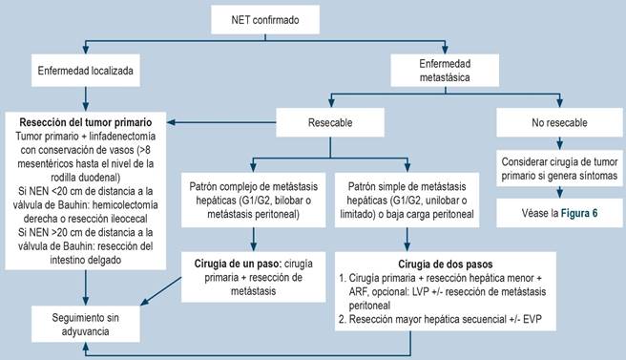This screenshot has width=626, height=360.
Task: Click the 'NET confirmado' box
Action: [265, 20]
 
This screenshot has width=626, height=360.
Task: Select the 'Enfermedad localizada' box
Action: [86, 71]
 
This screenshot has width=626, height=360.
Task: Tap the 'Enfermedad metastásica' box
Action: [445, 71]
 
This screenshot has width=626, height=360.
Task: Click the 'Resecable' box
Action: [330, 122]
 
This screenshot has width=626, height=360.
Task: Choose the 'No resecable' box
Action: [559, 122]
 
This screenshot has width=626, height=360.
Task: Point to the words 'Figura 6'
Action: [579, 213]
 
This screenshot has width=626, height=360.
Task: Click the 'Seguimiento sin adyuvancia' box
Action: [86, 324]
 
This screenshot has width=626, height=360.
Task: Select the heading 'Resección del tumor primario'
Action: [86, 122]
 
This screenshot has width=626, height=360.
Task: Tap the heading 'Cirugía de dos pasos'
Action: [445, 265]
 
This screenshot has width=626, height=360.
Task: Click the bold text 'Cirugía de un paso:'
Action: [239, 264]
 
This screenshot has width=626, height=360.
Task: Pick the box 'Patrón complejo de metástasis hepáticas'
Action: [253, 201]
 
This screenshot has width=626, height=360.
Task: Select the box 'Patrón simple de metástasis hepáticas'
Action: [407, 201]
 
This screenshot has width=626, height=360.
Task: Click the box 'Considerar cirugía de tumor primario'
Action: [559, 169]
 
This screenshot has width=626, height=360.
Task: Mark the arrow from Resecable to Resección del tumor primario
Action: [221, 122]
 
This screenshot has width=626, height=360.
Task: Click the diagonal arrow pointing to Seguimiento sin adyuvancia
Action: [161, 291]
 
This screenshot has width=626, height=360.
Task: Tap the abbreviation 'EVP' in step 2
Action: [532, 319]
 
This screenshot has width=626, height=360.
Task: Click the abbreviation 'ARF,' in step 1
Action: [359, 292]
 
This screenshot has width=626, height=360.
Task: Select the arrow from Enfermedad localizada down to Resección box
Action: [86, 99]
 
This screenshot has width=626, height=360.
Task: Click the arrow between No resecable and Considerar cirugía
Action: [560, 143]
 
